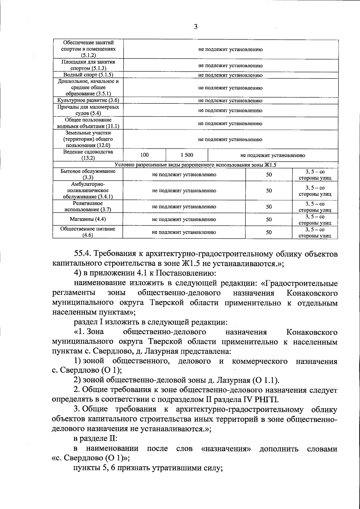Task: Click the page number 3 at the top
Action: pos(196,27)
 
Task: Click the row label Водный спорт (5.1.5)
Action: pos(88,75)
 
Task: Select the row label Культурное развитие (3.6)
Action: pos(88,101)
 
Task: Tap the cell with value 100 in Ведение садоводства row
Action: pos(144,155)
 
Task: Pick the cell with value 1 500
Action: pos(187,155)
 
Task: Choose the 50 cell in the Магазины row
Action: pos(269,219)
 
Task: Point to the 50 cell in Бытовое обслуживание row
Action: pos(269,174)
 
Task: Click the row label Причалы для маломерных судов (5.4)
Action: pos(88,110)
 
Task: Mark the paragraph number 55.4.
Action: pos(83,254)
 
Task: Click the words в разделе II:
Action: pos(95,439)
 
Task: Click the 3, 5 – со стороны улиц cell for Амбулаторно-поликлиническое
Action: pos(315,191)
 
